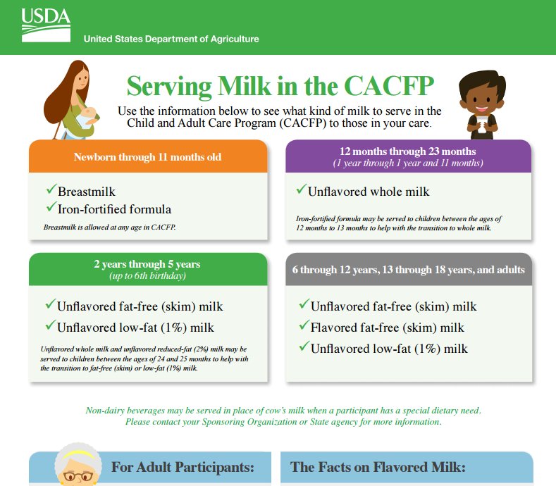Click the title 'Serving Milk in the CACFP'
click(x=280, y=87)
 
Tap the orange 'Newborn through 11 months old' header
click(x=147, y=156)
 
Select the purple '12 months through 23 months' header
click(x=408, y=151)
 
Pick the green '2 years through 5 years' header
click(x=147, y=264)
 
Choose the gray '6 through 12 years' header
click(x=408, y=269)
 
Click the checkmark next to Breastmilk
click(x=50, y=191)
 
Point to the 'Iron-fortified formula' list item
click(x=114, y=209)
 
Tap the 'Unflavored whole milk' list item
click(x=369, y=192)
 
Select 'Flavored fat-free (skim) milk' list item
click(x=387, y=328)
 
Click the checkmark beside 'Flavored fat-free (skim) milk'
click(x=303, y=327)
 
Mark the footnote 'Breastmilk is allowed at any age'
click(x=109, y=227)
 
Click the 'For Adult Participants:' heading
click(x=182, y=467)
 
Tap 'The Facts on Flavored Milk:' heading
click(x=378, y=467)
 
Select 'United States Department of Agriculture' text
click(x=171, y=39)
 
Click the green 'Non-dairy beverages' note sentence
click(x=283, y=410)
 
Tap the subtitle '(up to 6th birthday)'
click(x=147, y=275)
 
